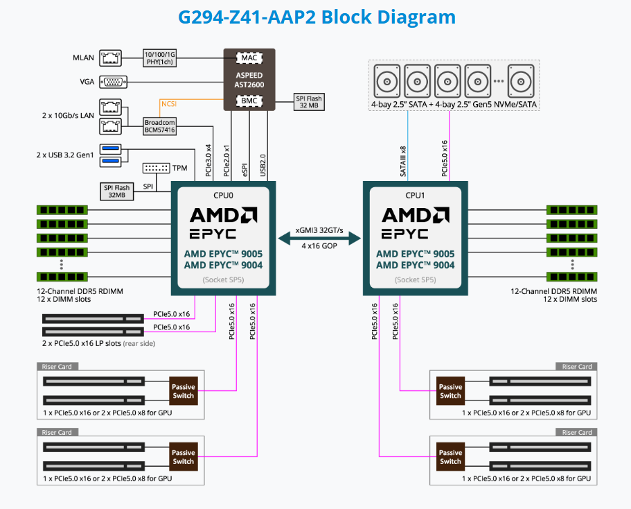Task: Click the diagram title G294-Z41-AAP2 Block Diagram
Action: click(x=317, y=17)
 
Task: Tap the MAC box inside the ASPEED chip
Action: click(x=249, y=58)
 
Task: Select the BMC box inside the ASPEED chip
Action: click(x=249, y=101)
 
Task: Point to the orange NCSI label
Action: click(x=169, y=104)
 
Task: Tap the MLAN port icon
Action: click(x=112, y=56)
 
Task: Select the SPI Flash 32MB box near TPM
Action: click(x=117, y=191)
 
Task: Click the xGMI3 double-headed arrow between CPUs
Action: click(x=319, y=238)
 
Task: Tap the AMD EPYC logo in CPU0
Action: click(x=223, y=222)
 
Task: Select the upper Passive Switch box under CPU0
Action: click(x=184, y=391)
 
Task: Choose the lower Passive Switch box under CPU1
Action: click(x=450, y=457)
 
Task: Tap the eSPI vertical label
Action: click(x=246, y=169)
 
